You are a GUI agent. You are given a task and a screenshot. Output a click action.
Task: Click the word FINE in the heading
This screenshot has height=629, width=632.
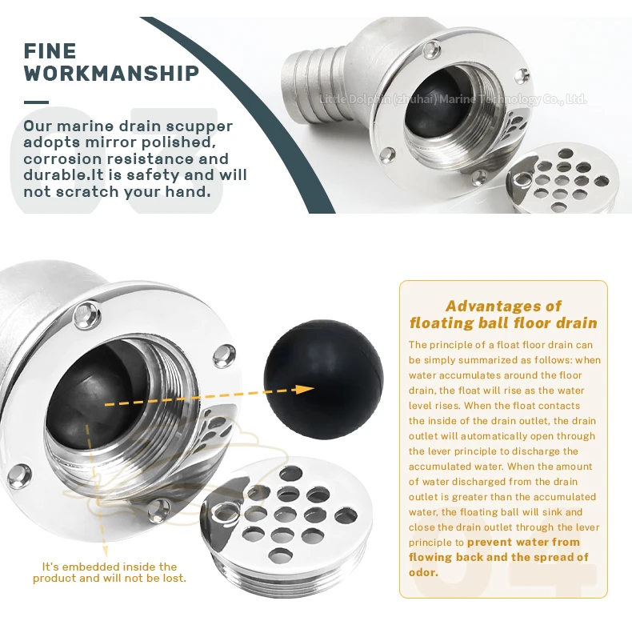coord(50,51)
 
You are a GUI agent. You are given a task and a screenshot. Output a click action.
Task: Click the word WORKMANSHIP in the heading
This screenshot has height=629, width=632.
coord(111,74)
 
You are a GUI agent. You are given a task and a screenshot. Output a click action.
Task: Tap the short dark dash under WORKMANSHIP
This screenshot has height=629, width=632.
coord(36,102)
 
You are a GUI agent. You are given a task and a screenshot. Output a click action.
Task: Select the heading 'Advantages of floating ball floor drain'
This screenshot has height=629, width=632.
coord(503,314)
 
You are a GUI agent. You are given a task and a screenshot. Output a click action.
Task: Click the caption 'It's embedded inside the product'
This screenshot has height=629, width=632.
coord(110,571)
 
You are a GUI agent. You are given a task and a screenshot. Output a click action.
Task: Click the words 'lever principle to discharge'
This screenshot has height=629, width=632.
coord(485,451)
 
